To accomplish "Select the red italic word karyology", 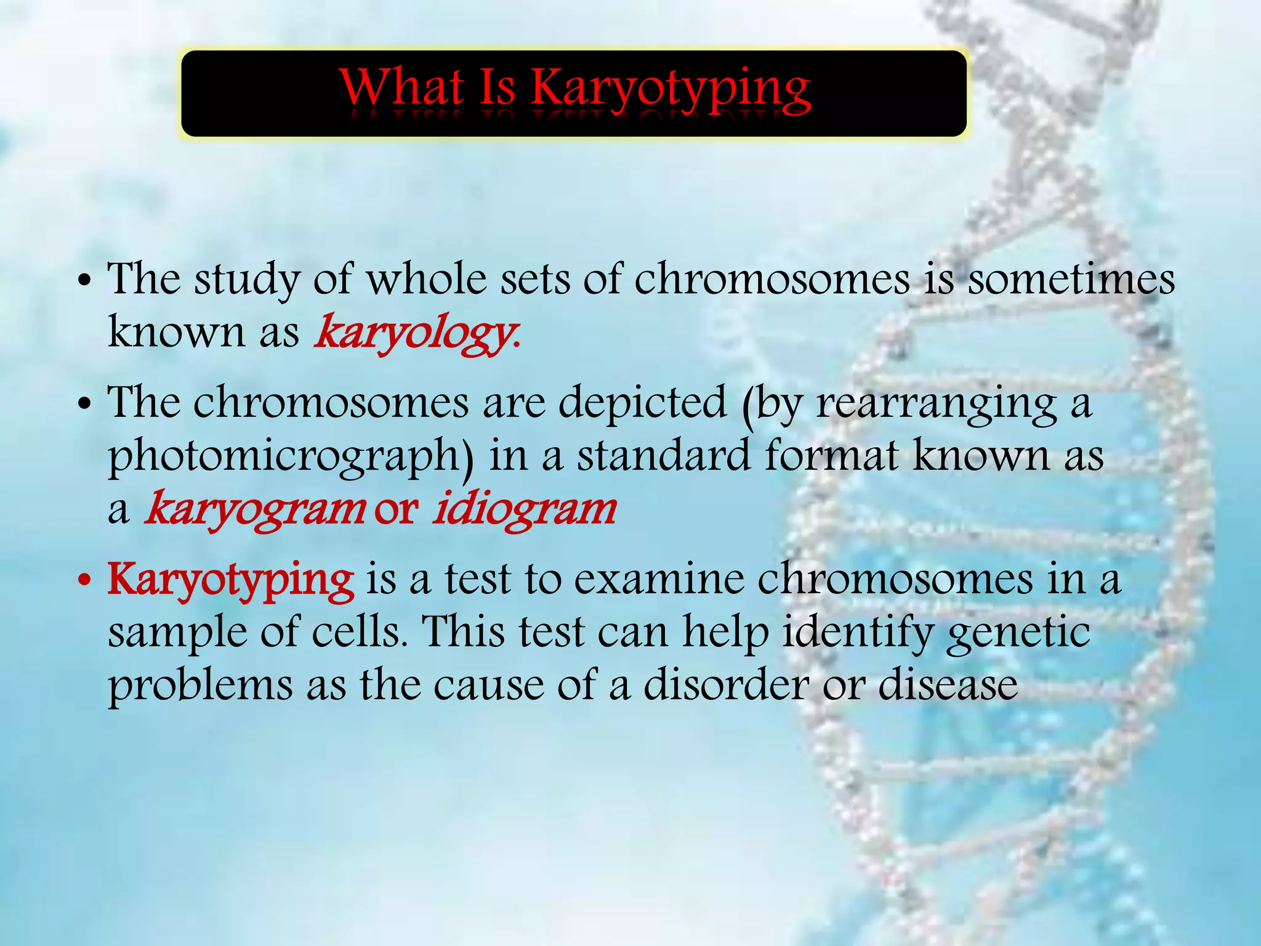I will point(414,333).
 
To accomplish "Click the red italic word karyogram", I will point(254,510).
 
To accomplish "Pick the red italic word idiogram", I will point(524,510).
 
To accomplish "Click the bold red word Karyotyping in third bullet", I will point(231,580).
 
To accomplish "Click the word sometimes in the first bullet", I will point(1071,280).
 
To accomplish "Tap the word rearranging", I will point(936,403).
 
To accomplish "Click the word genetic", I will point(1018,633).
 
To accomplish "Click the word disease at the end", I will point(948,685).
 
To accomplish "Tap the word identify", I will point(856,633).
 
